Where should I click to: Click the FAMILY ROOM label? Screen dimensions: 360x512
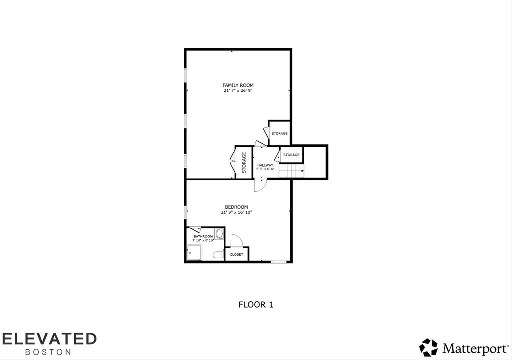pyautogui.click(x=238, y=85)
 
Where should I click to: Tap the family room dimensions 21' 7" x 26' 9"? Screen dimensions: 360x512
pyautogui.click(x=238, y=91)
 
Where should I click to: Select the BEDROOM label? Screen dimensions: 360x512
pyautogui.click(x=236, y=207)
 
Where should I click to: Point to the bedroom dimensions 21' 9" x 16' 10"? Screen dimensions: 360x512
pyautogui.click(x=236, y=212)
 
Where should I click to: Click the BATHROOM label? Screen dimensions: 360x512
pyautogui.click(x=203, y=236)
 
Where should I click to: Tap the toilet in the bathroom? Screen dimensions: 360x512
pyautogui.click(x=218, y=255)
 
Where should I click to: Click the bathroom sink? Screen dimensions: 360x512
pyautogui.click(x=219, y=234)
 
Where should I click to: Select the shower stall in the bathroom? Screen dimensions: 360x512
pyautogui.click(x=194, y=253)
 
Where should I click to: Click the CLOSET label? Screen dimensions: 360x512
pyautogui.click(x=236, y=255)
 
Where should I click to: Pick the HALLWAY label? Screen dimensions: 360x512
pyautogui.click(x=265, y=165)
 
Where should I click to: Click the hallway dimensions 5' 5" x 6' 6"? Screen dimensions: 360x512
pyautogui.click(x=265, y=169)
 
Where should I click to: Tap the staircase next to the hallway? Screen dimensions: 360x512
pyautogui.click(x=291, y=171)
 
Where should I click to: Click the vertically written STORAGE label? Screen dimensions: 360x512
pyautogui.click(x=244, y=162)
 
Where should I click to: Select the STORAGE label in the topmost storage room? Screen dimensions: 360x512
pyautogui.click(x=279, y=134)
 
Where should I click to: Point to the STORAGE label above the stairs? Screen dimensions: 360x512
pyautogui.click(x=291, y=155)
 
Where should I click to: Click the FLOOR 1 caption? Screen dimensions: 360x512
pyautogui.click(x=256, y=304)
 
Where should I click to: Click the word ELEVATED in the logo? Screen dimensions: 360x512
pyautogui.click(x=48, y=338)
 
